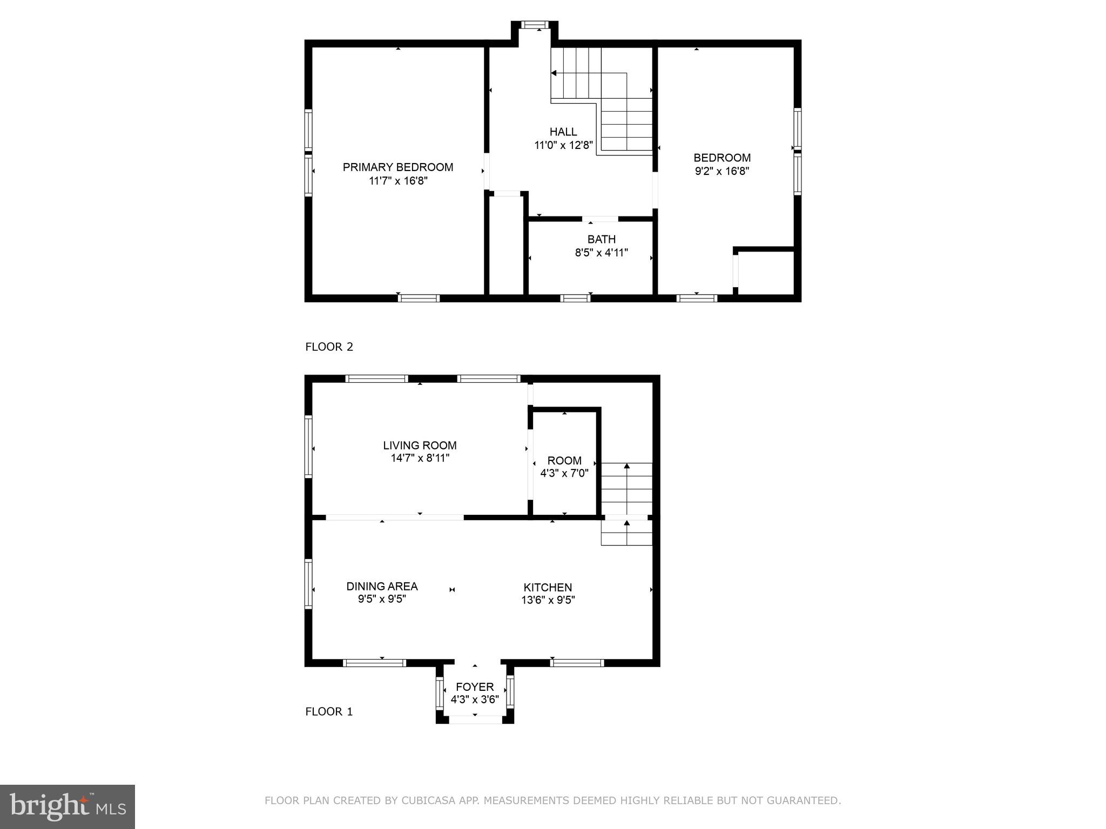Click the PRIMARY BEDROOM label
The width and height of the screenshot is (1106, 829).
(x=398, y=167)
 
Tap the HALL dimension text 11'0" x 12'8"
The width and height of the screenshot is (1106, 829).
(x=563, y=145)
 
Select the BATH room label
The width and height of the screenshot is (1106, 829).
(x=601, y=239)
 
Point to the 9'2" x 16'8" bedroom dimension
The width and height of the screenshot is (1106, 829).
(x=722, y=171)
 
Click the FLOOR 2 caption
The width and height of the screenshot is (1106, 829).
(x=329, y=347)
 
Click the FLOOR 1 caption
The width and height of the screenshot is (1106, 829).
(x=329, y=711)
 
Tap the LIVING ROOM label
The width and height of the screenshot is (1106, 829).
(x=420, y=445)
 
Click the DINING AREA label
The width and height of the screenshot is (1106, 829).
(x=382, y=586)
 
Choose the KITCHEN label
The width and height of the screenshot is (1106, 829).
(x=548, y=587)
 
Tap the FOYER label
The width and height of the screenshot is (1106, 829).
(x=475, y=687)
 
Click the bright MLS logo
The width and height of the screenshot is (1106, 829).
(x=67, y=806)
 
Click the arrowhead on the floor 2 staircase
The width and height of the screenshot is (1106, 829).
(x=554, y=73)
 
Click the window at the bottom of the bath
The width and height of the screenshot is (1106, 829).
(x=575, y=298)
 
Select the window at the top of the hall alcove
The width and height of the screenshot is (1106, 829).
(x=535, y=25)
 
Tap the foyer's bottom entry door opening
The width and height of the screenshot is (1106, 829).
(x=475, y=719)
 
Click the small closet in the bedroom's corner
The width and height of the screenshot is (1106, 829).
(x=765, y=272)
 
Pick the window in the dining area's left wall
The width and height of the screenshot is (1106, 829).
(x=308, y=584)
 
